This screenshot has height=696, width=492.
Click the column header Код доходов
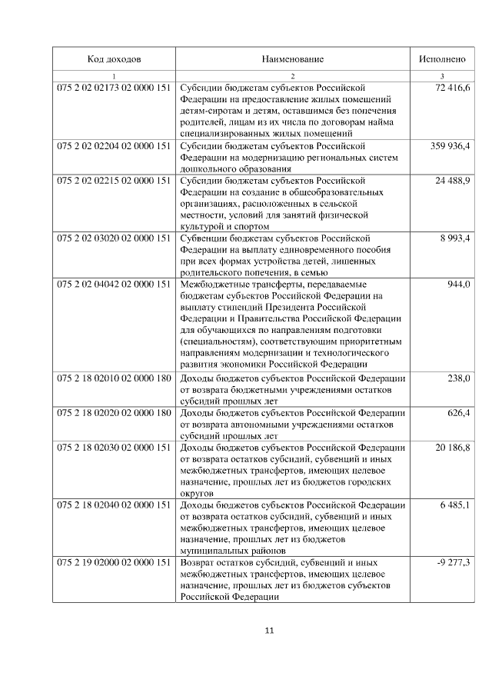coord(114,59)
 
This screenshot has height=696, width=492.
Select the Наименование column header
coord(292,59)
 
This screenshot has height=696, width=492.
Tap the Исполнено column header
coord(441,59)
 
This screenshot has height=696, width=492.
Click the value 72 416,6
coord(453,89)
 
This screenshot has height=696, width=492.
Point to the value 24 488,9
coord(453,180)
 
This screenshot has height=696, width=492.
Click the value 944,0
coord(459,285)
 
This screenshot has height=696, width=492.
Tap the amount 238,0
coord(459,378)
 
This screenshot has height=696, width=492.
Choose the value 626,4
coord(459,413)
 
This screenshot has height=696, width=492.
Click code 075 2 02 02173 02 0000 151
coord(114,89)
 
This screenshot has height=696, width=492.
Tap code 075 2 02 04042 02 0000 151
coord(114,285)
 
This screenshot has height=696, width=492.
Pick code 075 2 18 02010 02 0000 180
coord(114,378)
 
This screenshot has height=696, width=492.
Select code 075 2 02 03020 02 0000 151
coord(114,238)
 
